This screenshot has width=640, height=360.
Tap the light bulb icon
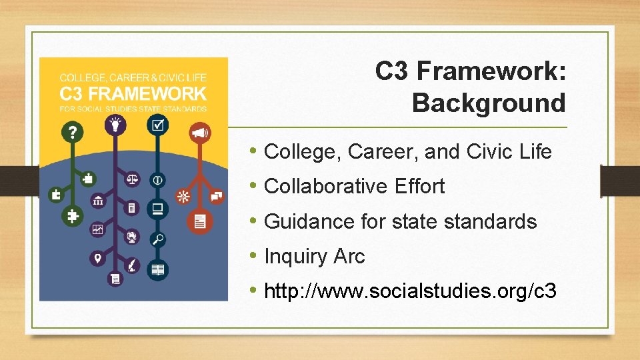[116, 124]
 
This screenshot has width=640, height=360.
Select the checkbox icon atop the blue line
[158, 124]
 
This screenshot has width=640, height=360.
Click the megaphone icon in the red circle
[200, 134]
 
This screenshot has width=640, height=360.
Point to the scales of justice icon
[133, 179]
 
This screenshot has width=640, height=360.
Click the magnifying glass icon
[158, 239]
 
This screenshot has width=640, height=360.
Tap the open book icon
[158, 270]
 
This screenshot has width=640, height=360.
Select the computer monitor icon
[158, 209]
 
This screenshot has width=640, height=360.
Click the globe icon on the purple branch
[133, 236]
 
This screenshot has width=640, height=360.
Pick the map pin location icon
[97, 258]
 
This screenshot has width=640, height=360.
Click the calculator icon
[133, 209]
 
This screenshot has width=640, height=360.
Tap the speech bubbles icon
[217, 195]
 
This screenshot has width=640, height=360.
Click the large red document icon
[199, 222]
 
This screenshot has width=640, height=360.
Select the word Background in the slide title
[489, 103]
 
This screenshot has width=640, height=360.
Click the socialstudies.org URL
[410, 291]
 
